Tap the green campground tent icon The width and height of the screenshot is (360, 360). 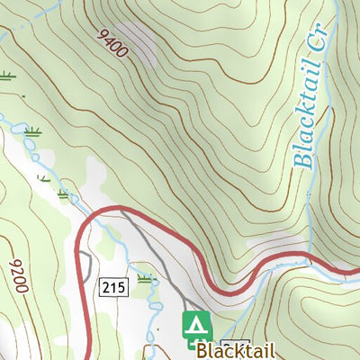pos(196,326)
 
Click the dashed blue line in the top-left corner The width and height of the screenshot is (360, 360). pos(18,31)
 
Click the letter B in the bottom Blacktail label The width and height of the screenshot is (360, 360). pos(202,351)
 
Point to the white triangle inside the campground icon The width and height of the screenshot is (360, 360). pos(196,324)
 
